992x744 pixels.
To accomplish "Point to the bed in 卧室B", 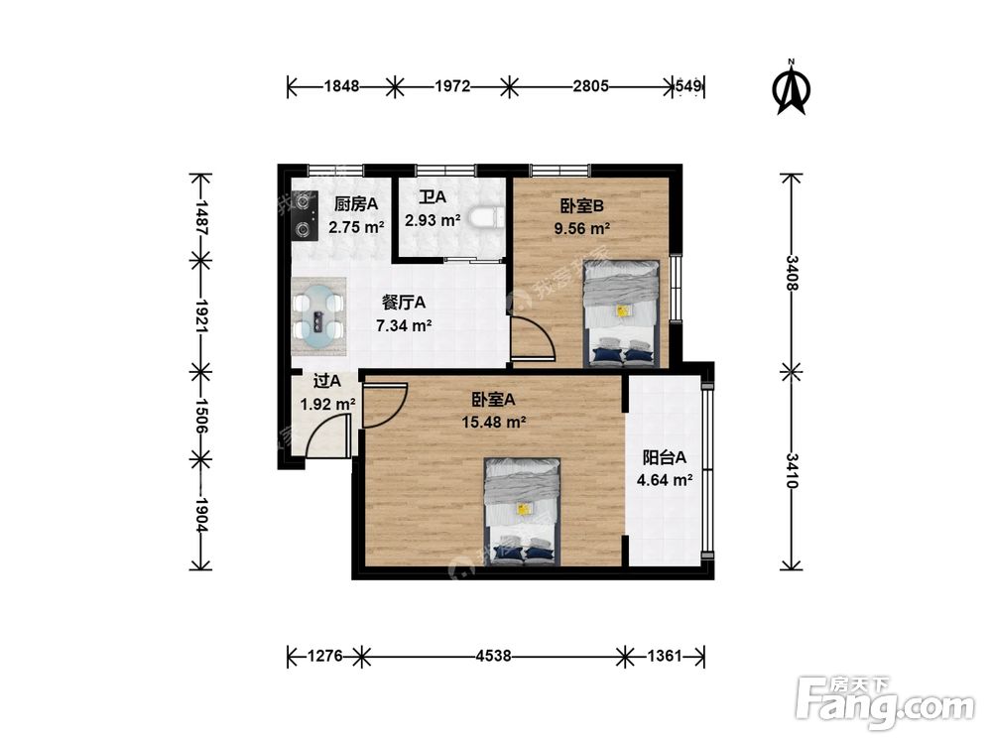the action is click(x=622, y=313).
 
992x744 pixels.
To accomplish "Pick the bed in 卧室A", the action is click(x=523, y=511).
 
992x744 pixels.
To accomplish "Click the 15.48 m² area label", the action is click(x=493, y=422).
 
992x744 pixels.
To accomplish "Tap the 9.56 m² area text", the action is click(x=581, y=228).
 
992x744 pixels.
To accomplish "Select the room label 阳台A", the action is click(x=665, y=456).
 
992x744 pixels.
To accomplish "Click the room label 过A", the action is click(x=327, y=381).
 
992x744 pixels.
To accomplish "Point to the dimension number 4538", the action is click(x=493, y=656).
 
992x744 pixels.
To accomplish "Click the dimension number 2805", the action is click(x=591, y=85).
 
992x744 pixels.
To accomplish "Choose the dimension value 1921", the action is click(x=202, y=315).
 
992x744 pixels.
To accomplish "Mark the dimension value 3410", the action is click(x=793, y=470).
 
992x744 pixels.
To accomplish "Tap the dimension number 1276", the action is click(x=325, y=656).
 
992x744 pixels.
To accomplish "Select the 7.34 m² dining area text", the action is click(x=404, y=325).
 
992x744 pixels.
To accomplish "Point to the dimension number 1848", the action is click(x=342, y=85).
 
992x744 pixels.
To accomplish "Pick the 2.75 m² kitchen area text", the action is click(x=357, y=227).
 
